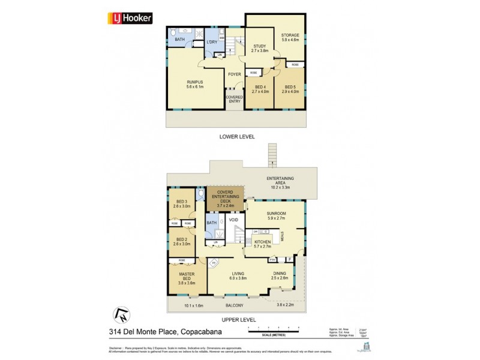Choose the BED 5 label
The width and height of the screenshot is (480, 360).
pyautogui.click(x=290, y=89)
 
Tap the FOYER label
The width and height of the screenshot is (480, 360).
pyautogui.click(x=234, y=74)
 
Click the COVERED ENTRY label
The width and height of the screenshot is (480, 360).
pyautogui.click(x=234, y=99)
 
